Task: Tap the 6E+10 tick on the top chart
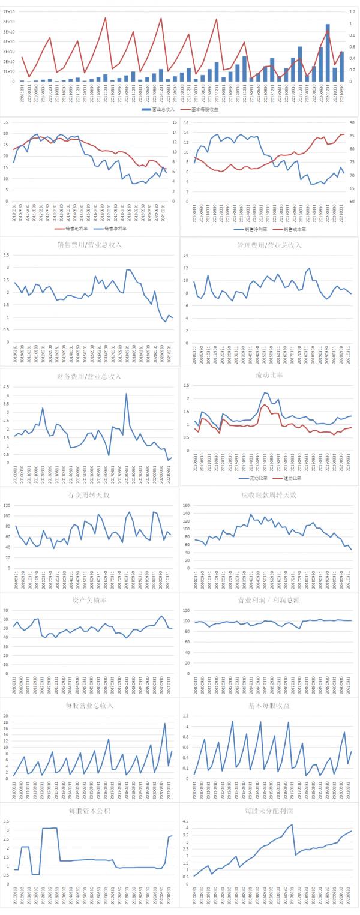tap(8, 21)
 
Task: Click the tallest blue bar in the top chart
tap(328, 53)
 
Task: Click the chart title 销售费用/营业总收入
tap(89, 245)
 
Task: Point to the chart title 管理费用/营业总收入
tap(269, 245)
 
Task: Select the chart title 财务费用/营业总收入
tap(89, 376)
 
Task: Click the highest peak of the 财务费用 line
tap(127, 394)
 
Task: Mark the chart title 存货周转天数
tap(89, 494)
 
